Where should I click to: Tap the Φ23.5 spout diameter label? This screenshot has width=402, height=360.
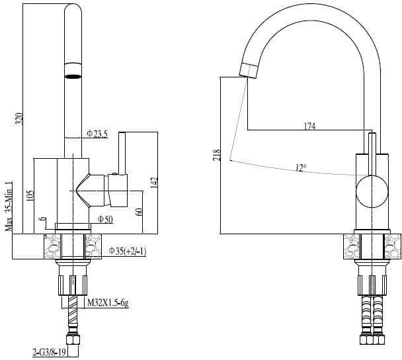[97, 134]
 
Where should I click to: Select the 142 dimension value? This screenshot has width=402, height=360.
[154, 183]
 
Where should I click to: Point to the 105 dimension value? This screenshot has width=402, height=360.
[30, 197]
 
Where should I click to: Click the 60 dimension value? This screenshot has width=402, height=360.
[138, 212]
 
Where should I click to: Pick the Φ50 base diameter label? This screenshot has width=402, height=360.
[105, 220]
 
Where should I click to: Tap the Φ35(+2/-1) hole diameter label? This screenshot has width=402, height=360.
[128, 251]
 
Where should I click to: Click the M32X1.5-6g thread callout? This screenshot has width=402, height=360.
[108, 303]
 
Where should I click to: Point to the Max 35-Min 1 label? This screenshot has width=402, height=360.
[9, 206]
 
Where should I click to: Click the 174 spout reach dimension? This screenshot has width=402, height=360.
[309, 126]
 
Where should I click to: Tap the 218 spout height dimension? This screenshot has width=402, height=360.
[217, 155]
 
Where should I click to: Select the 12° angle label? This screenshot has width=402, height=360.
[301, 168]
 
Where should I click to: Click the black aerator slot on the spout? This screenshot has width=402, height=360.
[73, 76]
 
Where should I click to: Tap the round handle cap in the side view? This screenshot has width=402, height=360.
[372, 191]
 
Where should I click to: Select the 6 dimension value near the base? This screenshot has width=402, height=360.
[44, 219]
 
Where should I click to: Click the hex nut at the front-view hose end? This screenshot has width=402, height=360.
[73, 339]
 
